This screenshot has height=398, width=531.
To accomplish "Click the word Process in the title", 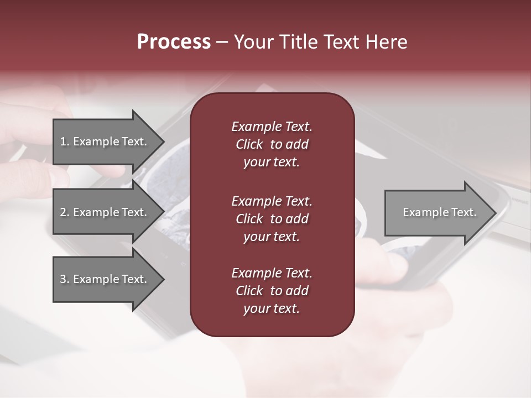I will pos(174,42).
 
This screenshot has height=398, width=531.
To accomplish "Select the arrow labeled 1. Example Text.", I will pos(105,142).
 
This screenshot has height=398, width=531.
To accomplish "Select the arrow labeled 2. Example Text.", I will pos(105,212).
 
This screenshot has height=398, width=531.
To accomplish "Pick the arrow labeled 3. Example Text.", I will pos(105,279).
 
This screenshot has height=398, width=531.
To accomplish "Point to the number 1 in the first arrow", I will pos(63,142).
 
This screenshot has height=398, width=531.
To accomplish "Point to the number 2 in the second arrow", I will pos(63,212).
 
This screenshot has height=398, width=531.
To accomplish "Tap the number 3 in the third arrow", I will pos(63,279).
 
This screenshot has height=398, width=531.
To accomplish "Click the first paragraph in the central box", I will pos(272,144).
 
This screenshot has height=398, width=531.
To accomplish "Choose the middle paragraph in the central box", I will pos(272,219).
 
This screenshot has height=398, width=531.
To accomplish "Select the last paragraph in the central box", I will pos(272,291).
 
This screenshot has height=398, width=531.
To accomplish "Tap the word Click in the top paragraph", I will pos(249,145).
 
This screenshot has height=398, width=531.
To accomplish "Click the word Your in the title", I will pos(253,42).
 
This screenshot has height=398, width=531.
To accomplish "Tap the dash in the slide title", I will pos(222,42).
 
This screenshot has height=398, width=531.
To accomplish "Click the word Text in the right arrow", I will pos(463,212).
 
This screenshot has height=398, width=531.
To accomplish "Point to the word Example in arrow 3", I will pos(93,279).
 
